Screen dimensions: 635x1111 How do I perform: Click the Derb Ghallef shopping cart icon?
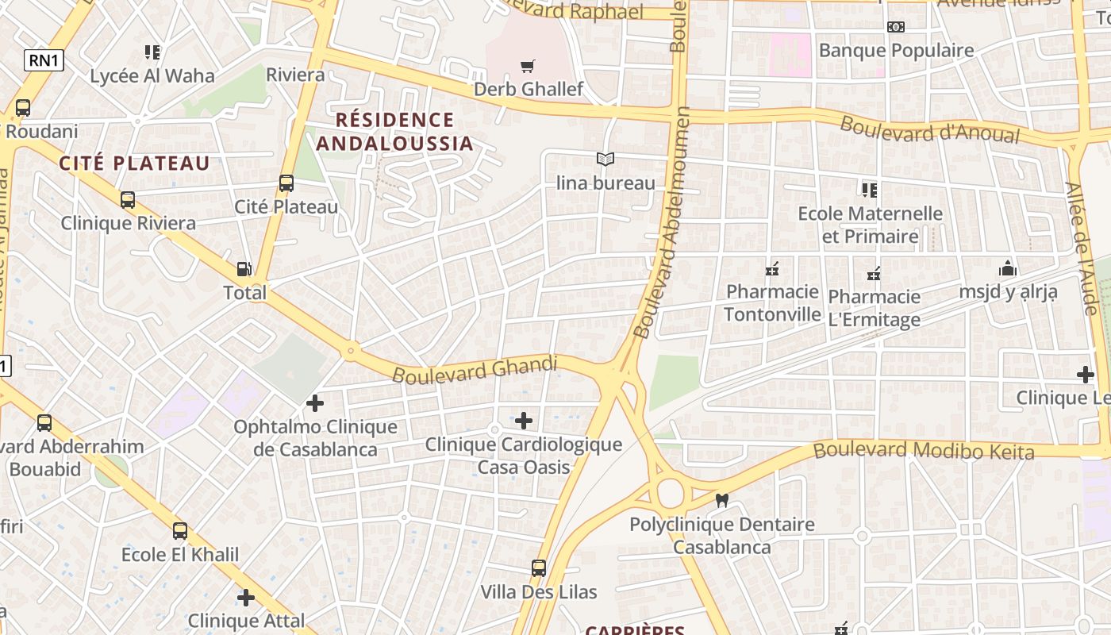(x=527, y=66)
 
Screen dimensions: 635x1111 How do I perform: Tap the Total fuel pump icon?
(x=244, y=269)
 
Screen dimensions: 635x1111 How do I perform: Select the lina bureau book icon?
(x=605, y=160)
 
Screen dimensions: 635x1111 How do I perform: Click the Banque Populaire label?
(x=896, y=51)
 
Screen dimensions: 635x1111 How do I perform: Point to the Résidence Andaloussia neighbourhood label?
(x=394, y=132)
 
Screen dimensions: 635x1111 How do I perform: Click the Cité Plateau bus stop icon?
(x=286, y=183)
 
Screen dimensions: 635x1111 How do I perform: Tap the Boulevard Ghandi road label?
(x=475, y=370)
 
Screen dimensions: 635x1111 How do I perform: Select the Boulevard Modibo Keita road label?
(x=924, y=451)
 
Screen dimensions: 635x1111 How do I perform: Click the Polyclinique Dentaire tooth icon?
(x=721, y=500)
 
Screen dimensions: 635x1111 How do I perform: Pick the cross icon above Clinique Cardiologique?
(x=524, y=420)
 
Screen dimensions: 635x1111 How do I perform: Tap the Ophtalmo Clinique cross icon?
(x=315, y=403)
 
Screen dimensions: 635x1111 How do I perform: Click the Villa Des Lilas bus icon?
(x=539, y=568)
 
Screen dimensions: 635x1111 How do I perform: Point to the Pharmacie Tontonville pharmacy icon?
(x=771, y=270)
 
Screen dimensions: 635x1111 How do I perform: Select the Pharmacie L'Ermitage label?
(x=874, y=308)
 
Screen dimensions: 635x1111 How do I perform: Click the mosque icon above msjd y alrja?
(x=1008, y=268)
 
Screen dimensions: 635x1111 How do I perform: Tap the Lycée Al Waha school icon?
(x=152, y=52)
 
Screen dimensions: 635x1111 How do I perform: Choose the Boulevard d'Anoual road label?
(x=929, y=130)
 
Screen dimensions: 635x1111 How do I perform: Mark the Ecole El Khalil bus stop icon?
(x=180, y=531)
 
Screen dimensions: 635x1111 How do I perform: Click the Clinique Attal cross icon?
(x=246, y=597)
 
